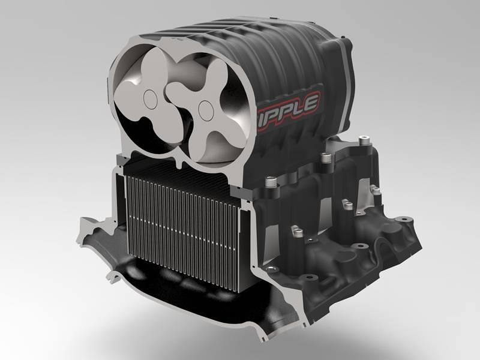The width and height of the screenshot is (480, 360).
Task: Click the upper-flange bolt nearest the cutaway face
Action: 268,180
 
